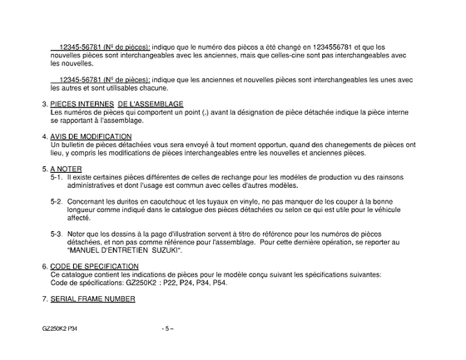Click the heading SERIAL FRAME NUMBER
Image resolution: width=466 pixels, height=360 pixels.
tap(98, 297)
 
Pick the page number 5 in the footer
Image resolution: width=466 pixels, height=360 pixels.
tap(167, 328)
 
